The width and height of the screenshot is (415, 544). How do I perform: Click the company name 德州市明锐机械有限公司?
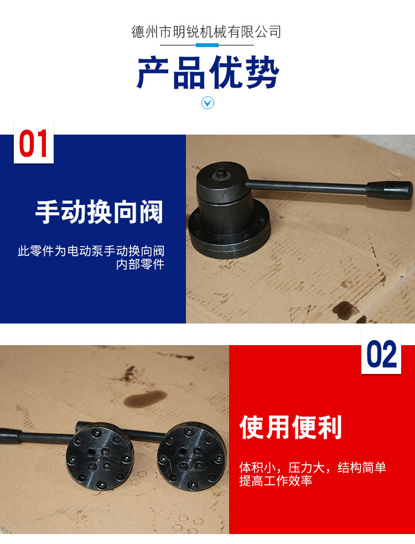coord(206,32)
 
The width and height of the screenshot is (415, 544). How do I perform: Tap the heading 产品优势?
coord(207,73)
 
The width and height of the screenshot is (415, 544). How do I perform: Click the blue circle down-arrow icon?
coord(207,102)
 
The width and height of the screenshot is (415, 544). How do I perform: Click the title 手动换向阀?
coord(100,212)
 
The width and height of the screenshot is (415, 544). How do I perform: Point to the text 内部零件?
coord(140,264)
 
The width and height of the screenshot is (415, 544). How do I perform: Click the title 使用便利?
coord(291,427)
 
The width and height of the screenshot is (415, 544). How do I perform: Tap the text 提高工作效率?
coord(276,481)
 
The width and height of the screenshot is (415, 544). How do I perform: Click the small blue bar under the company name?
coord(207,45)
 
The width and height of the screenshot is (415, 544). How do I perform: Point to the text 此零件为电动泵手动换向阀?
coord(91,251)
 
